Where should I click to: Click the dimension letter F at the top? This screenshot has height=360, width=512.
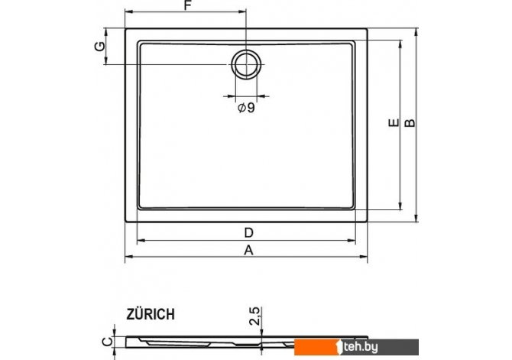[187, 5]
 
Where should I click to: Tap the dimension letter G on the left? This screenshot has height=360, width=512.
[100, 46]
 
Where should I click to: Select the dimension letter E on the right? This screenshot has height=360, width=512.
[394, 122]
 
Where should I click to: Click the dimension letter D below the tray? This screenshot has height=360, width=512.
[249, 233]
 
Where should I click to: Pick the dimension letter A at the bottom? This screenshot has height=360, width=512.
[249, 250]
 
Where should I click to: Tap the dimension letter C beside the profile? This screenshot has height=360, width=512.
[107, 342]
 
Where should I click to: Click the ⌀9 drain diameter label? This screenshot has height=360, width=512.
[246, 107]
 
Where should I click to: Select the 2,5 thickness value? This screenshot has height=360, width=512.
[254, 316]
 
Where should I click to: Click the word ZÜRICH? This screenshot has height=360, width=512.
[151, 314]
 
